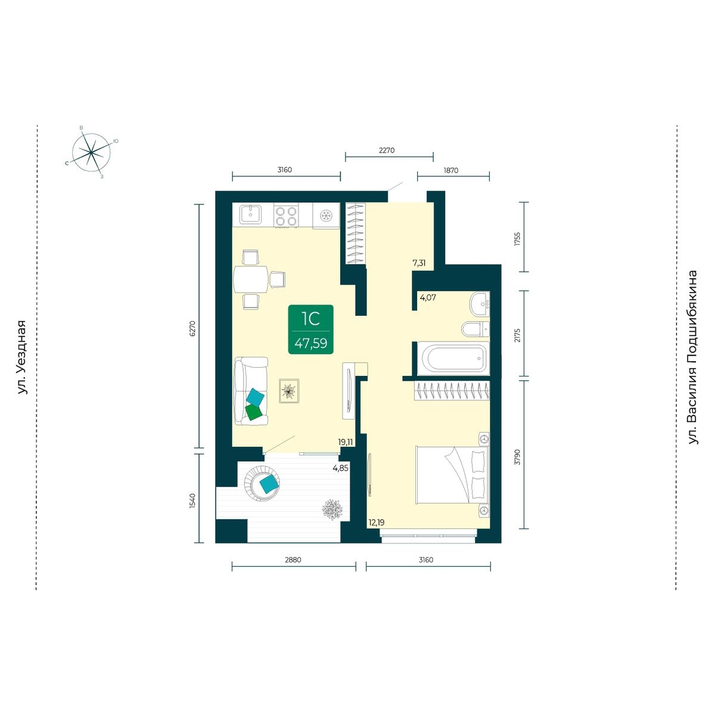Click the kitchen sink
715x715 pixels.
pyautogui.click(x=250, y=215)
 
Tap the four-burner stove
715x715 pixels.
pyautogui.click(x=286, y=216)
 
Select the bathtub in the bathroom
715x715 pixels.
pyautogui.click(x=453, y=359)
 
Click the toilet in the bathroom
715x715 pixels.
pyautogui.click(x=475, y=329)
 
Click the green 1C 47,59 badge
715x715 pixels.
pyautogui.click(x=310, y=329)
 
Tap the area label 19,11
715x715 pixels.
pyautogui.click(x=345, y=442)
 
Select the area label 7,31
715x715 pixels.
pyautogui.click(x=419, y=263)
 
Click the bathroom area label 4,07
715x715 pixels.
pyautogui.click(x=428, y=297)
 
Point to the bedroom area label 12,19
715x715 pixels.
pyautogui.click(x=376, y=523)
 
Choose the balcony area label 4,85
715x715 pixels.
pyautogui.click(x=340, y=468)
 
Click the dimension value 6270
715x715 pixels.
pyautogui.click(x=192, y=328)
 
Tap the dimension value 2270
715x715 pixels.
pyautogui.click(x=387, y=150)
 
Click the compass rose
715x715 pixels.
pyautogui.click(x=91, y=152)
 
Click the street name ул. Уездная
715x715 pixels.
pyautogui.click(x=22, y=357)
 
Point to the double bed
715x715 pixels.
pyautogui.click(x=452, y=475)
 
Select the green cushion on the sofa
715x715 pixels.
pyautogui.click(x=253, y=412)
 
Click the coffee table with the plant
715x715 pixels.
pyautogui.click(x=289, y=391)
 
